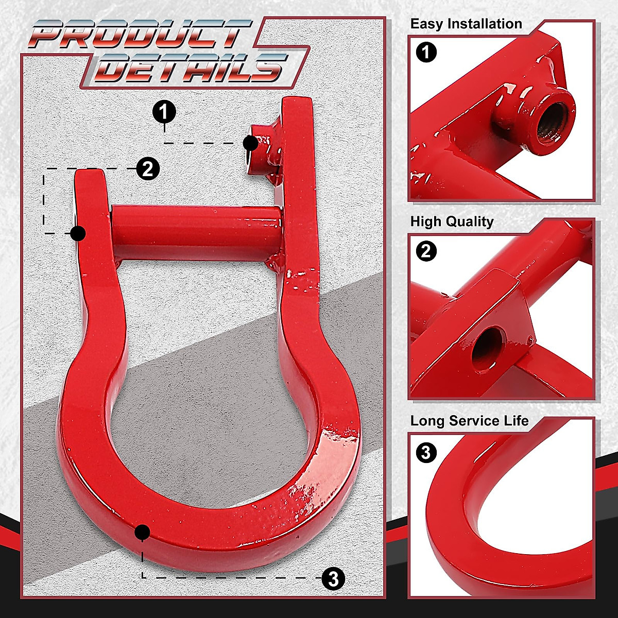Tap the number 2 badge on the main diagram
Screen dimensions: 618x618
click(x=148, y=168)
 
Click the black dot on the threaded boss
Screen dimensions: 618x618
click(x=251, y=144)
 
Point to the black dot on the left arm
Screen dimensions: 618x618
click(x=78, y=234)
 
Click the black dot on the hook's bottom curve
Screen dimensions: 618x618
click(x=142, y=532)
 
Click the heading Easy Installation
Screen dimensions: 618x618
click(x=466, y=24)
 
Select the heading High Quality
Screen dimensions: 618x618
click(x=452, y=222)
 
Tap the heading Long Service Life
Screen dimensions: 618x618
click(x=469, y=421)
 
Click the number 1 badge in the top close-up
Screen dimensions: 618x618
click(x=426, y=53)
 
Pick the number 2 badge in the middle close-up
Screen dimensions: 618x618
click(x=426, y=251)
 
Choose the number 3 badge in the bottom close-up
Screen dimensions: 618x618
click(x=426, y=453)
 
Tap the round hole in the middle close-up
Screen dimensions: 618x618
click(x=487, y=344)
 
